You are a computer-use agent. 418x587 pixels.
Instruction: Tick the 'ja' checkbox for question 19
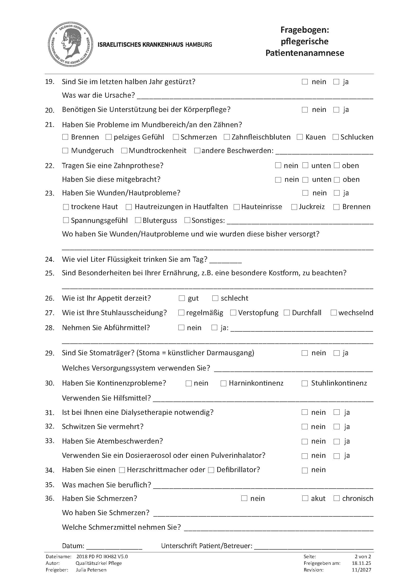(x=336, y=82)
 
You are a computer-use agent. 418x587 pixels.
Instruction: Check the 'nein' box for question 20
(x=305, y=110)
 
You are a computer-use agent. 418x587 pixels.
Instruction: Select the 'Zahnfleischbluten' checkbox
(x=227, y=137)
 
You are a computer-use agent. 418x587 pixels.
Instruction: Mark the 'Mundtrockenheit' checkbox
(x=124, y=151)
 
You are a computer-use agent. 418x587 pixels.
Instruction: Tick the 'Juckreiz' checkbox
(x=294, y=207)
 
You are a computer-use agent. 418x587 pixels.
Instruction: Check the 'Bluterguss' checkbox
(x=138, y=220)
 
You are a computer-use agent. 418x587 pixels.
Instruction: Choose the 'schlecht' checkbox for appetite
(x=215, y=298)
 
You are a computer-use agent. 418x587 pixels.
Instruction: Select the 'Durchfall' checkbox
(x=287, y=313)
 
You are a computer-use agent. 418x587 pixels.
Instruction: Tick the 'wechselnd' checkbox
(x=333, y=313)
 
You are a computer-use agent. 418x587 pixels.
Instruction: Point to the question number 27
(x=49, y=313)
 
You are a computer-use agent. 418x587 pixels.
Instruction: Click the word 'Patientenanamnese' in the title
(x=305, y=53)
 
